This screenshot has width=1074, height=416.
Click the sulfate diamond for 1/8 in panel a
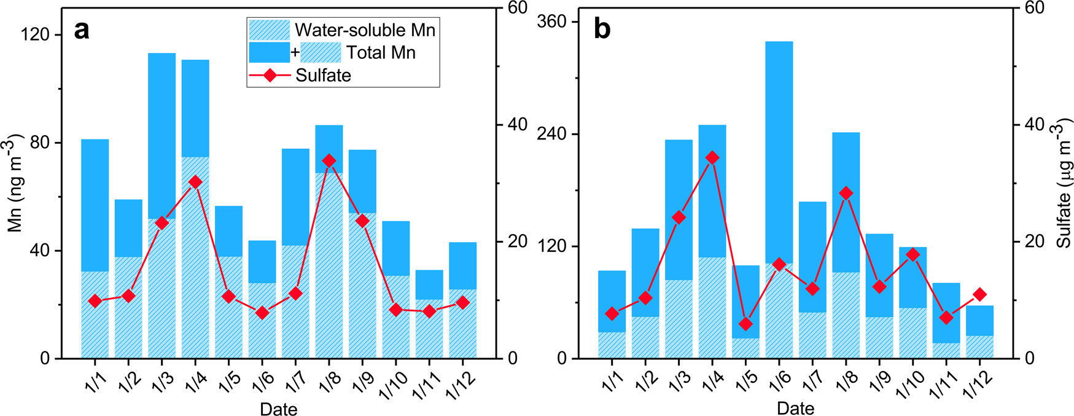tap(329, 161)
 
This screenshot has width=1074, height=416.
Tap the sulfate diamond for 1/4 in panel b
tap(712, 158)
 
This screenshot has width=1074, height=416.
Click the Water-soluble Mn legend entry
tap(365, 30)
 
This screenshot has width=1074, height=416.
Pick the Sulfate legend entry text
tap(323, 76)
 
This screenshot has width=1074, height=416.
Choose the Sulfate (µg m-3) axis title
tap(1064, 184)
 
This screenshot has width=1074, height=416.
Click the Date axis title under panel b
tap(795, 408)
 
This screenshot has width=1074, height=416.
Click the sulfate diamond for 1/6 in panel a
tap(262, 313)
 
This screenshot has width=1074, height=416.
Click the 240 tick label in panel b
tap(553, 134)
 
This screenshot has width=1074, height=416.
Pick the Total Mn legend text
tap(381, 53)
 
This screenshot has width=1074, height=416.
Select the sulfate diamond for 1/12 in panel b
tap(980, 295)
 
